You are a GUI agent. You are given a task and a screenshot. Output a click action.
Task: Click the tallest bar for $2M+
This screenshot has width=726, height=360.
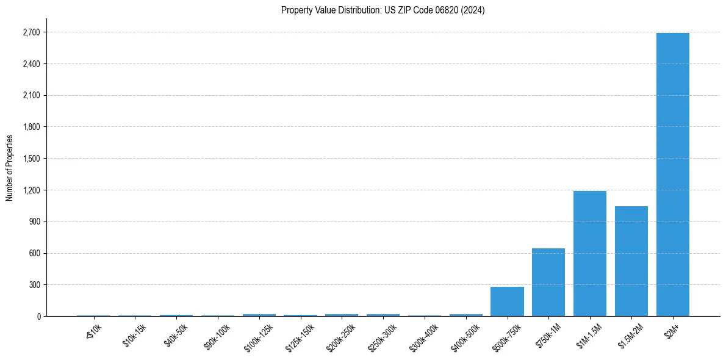tap(672, 175)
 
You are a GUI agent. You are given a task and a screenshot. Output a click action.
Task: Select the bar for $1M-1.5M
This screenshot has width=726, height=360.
tap(590, 253)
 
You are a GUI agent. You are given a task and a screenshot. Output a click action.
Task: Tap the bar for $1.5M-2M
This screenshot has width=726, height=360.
tap(631, 261)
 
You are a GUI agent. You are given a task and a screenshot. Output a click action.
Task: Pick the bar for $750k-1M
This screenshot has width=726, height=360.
tap(548, 282)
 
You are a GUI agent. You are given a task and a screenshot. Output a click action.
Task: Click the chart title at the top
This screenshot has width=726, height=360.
tap(383, 10)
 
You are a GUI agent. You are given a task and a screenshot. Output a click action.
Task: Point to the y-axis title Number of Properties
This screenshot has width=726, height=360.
tap(10, 168)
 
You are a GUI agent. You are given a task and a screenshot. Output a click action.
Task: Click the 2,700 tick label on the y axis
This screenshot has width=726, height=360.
tap(32, 32)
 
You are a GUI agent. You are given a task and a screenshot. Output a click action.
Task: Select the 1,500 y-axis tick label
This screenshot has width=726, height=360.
tap(32, 159)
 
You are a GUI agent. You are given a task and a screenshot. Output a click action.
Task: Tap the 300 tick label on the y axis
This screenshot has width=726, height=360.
tap(35, 285)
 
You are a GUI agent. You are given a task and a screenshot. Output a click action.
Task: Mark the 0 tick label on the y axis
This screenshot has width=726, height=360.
tap(38, 317)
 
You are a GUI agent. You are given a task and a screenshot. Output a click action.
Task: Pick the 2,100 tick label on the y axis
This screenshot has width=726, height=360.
tap(32, 96)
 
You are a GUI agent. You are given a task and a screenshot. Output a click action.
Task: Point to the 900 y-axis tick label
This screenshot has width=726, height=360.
tap(35, 222)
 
